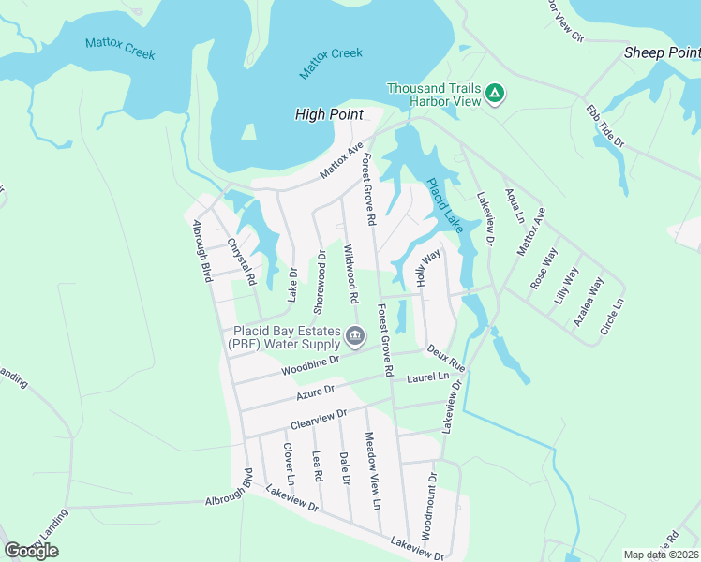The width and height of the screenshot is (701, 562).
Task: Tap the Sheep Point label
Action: click(662, 53)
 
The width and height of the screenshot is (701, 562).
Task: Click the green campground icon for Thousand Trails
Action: click(496, 95)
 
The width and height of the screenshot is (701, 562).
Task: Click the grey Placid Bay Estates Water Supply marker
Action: click(354, 335)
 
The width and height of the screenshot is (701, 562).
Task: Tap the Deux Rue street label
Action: click(446, 356)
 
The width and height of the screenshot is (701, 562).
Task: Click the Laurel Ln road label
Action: click(429, 377)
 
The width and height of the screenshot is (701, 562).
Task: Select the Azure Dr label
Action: click(316, 392)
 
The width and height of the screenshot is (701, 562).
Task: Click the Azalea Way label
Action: click(589, 302)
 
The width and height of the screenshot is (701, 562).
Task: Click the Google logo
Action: click(31, 551)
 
